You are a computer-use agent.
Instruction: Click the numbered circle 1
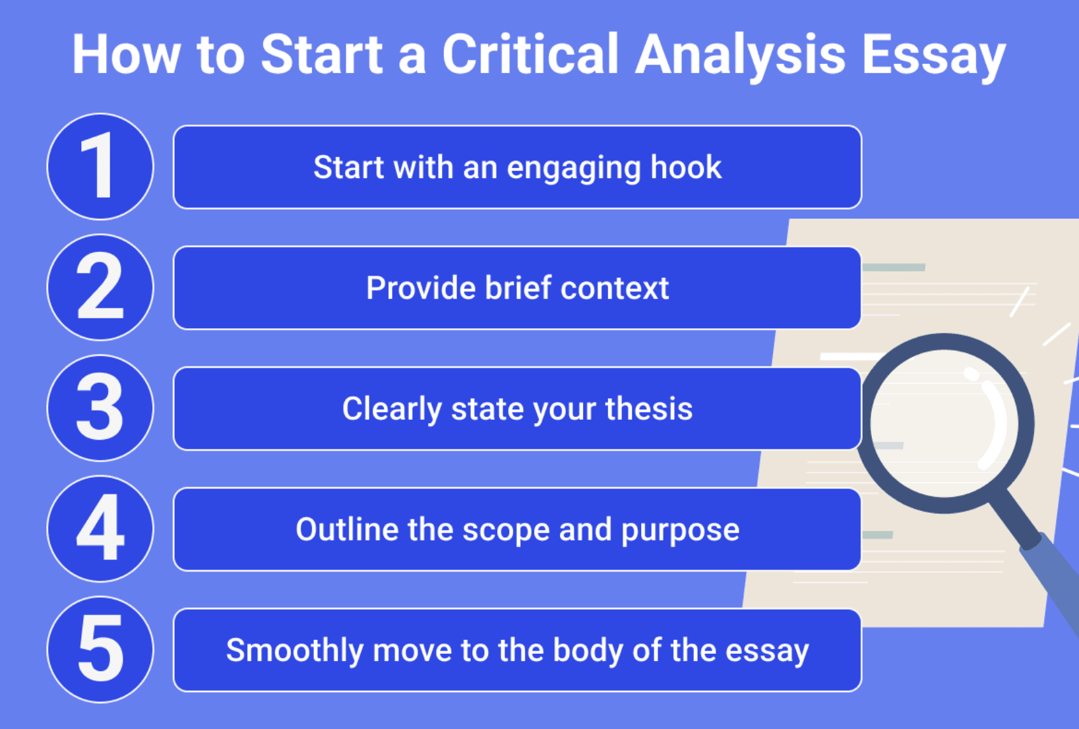(100, 167)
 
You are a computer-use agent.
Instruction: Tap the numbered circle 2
(100, 287)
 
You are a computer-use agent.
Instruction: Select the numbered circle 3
(100, 408)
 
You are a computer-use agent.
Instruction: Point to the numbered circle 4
(100, 529)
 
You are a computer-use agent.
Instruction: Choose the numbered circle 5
(100, 649)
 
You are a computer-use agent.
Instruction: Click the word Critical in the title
(530, 54)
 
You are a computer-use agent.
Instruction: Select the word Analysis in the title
(740, 55)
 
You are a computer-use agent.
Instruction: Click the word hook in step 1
(686, 167)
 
